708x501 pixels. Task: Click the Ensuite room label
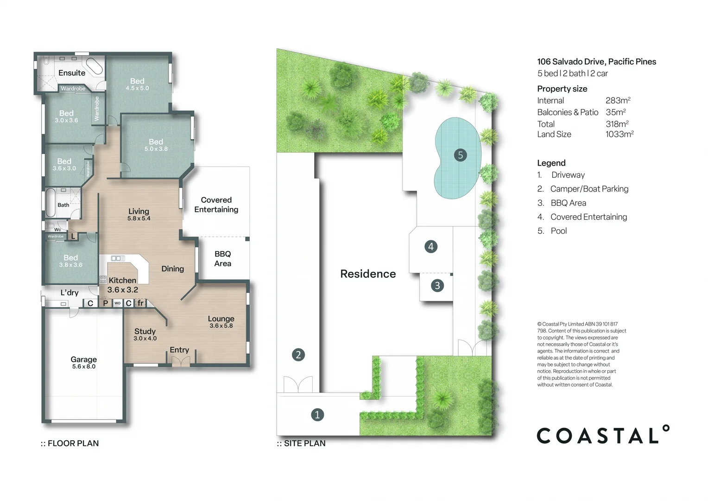tap(71, 73)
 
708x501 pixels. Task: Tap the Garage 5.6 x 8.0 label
tap(83, 362)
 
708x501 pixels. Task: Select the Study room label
tap(145, 331)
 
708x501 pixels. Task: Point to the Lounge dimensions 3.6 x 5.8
tap(221, 326)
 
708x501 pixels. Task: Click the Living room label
tap(139, 211)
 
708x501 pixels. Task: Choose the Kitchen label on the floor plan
tap(122, 280)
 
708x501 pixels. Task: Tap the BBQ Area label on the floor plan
tap(222, 258)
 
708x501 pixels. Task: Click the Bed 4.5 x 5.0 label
tap(137, 84)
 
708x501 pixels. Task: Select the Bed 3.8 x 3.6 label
tap(70, 261)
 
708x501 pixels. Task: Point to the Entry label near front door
tap(179, 350)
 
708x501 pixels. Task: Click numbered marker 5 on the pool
tap(460, 155)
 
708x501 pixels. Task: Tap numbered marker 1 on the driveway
tap(317, 415)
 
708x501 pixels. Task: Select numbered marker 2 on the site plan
tap(298, 355)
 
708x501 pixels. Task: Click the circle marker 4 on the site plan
tap(431, 246)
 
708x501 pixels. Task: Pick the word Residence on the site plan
tap(368, 274)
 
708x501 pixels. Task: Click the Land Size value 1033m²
tap(619, 134)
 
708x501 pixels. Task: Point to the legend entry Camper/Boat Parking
tap(589, 189)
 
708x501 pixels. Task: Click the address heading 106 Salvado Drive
tap(596, 62)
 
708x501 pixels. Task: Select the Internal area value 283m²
tap(618, 100)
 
